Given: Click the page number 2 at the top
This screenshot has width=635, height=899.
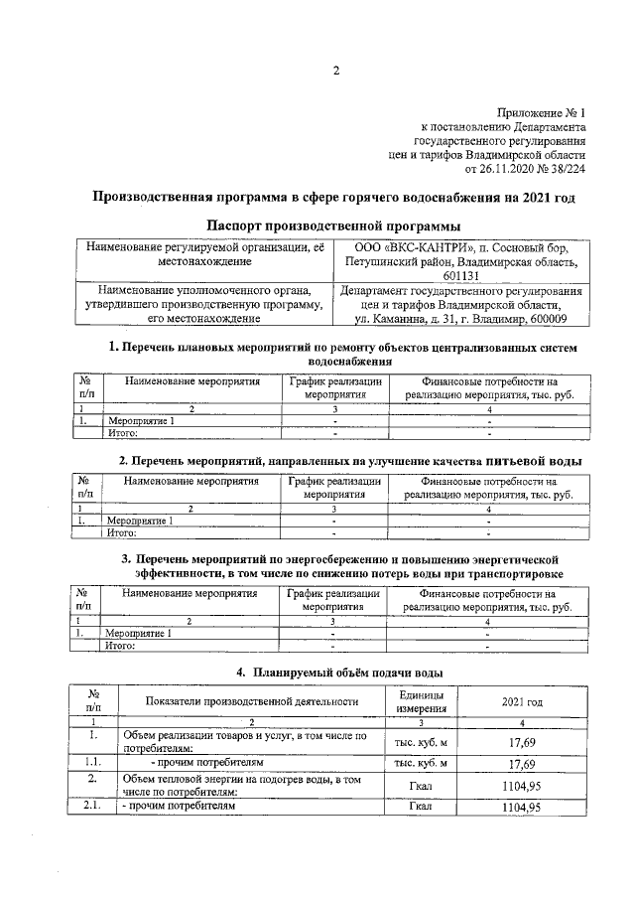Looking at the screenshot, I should [x=335, y=70].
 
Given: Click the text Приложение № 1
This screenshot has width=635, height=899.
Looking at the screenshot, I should [x=541, y=113].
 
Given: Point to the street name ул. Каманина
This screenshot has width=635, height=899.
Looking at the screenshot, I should [x=395, y=320].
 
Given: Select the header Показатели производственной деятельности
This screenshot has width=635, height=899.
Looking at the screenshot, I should [x=252, y=701].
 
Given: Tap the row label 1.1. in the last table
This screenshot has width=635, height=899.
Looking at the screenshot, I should [x=91, y=763].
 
